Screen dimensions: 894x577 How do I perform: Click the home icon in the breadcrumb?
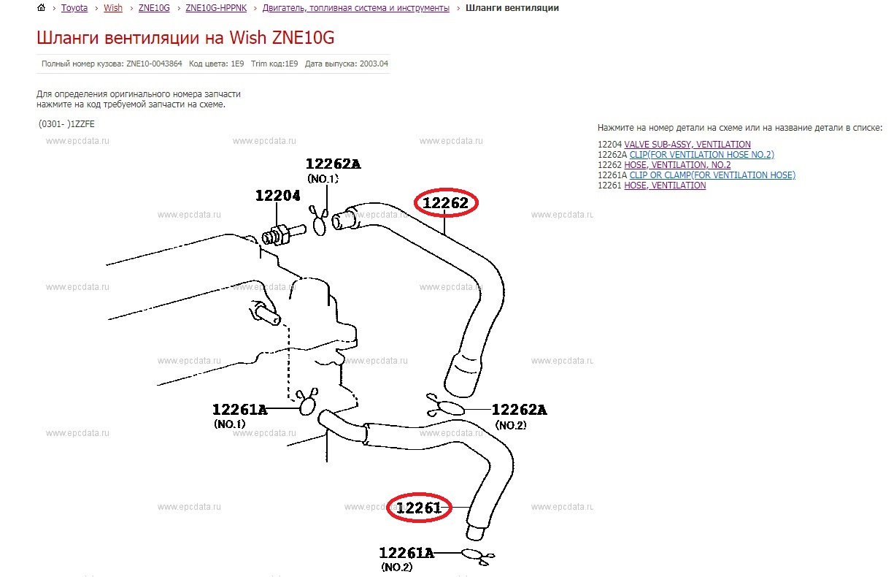pyautogui.click(x=41, y=7)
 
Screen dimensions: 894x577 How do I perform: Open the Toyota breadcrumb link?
pyautogui.click(x=74, y=8)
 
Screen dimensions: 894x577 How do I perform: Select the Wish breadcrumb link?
pyautogui.click(x=113, y=8)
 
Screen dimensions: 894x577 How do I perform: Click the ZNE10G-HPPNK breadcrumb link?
pyautogui.click(x=216, y=8)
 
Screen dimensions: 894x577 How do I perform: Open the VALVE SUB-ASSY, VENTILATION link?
pyautogui.click(x=687, y=144)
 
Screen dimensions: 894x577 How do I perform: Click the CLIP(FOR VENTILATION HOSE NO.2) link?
pyautogui.click(x=701, y=155)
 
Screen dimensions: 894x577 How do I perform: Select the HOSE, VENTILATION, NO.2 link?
pyautogui.click(x=677, y=165)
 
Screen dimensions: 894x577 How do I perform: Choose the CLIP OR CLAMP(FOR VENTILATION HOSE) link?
pyautogui.click(x=712, y=175)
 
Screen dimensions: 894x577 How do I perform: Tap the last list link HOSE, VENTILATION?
pyautogui.click(x=665, y=186)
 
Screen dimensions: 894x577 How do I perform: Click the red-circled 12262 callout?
pyautogui.click(x=445, y=203)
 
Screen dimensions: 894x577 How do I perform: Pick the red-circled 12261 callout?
pyautogui.click(x=419, y=508)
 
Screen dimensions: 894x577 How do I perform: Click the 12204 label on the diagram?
pyautogui.click(x=277, y=196)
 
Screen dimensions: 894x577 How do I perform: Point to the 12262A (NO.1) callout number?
pyautogui.click(x=334, y=164)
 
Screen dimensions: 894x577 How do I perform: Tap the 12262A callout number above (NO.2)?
pyautogui.click(x=519, y=410)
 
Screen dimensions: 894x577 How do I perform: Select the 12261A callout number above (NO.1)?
pyautogui.click(x=239, y=410)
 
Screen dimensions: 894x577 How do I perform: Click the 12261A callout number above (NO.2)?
pyautogui.click(x=406, y=553)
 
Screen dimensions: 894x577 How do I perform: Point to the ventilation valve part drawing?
pyautogui.click(x=284, y=234)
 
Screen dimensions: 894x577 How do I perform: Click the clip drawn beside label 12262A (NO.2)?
pyautogui.click(x=445, y=406)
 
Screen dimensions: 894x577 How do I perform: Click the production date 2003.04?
pyautogui.click(x=374, y=64)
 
